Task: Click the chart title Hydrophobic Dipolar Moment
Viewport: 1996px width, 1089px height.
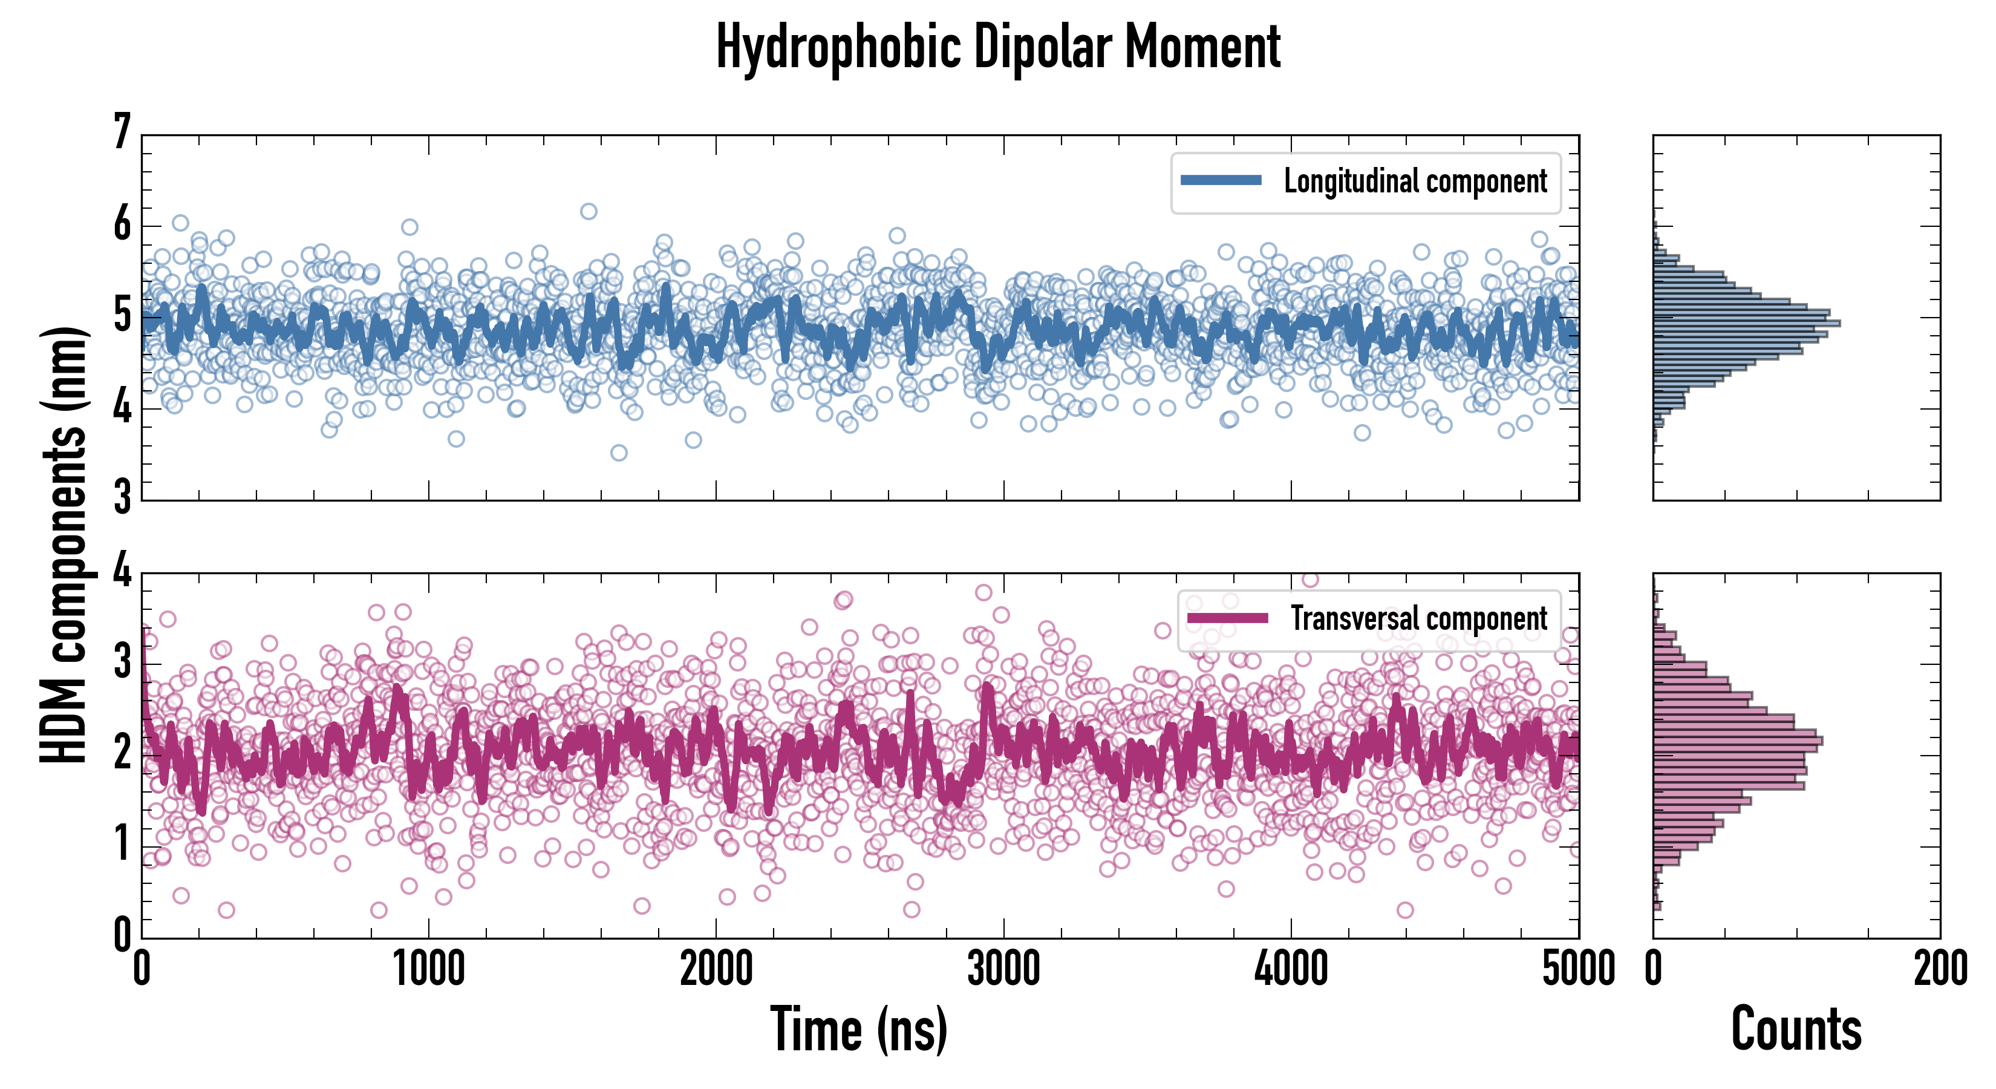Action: [998, 47]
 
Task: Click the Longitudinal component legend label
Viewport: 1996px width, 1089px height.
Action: [1415, 181]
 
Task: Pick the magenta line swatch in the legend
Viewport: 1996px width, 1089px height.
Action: [1227, 618]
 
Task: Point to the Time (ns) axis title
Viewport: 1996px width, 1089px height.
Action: [858, 1029]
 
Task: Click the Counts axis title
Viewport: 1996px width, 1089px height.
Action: [1796, 1029]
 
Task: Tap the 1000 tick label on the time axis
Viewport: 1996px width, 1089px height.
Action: [428, 969]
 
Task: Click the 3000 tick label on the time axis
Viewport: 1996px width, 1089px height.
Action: [1003, 969]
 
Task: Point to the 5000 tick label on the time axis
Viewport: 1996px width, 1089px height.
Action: [1579, 969]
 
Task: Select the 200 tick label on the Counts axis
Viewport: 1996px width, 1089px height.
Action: [1940, 969]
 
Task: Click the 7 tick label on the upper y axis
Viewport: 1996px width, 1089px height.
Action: [122, 132]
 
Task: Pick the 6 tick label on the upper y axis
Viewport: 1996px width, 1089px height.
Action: [122, 225]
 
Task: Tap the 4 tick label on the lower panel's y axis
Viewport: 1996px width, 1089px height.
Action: [122, 572]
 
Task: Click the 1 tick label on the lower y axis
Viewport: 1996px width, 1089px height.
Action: [122, 844]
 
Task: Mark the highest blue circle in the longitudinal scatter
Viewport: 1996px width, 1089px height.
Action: [589, 211]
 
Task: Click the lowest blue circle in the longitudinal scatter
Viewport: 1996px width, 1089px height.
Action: [618, 453]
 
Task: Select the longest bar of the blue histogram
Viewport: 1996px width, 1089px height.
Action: [1747, 322]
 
